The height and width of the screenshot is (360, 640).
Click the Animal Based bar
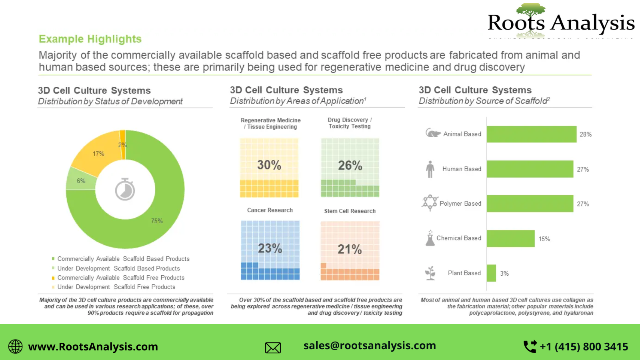click(531, 134)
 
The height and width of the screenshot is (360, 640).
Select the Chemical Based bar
click(510, 238)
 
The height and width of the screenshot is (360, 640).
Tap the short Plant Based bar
click(491, 273)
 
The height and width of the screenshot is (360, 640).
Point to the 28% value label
click(585, 134)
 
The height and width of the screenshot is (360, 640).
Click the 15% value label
click(544, 239)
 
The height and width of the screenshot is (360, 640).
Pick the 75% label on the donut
click(157, 221)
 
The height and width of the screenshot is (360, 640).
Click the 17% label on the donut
click(98, 154)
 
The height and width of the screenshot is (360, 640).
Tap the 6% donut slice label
click(81, 181)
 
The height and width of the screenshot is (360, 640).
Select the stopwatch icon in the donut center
click(125, 189)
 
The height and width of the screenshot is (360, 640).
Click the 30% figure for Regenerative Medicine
click(269, 165)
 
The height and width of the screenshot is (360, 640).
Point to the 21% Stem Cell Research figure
click(350, 249)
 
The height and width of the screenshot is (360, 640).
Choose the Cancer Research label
click(270, 210)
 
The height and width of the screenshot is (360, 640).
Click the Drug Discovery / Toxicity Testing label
click(350, 123)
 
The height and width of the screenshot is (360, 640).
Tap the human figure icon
click(430, 169)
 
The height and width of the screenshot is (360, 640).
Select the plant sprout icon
click(430, 273)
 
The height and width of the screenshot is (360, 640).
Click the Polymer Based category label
click(460, 204)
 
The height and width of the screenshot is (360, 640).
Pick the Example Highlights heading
click(90, 39)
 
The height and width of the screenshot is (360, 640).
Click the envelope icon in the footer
click(273, 348)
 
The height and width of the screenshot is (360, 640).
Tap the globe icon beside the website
click(16, 346)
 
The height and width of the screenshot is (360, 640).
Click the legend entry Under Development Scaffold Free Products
click(116, 287)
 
